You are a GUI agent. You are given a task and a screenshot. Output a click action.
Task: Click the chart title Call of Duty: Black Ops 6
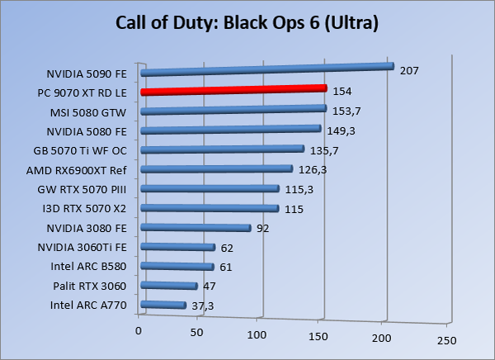[247, 24]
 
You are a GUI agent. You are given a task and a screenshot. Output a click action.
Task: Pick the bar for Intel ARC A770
[163, 306]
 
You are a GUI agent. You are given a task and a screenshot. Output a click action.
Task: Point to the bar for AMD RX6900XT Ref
[217, 170]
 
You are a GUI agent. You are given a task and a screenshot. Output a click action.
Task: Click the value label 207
[409, 71]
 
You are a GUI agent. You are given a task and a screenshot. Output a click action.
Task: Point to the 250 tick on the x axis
[446, 340]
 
